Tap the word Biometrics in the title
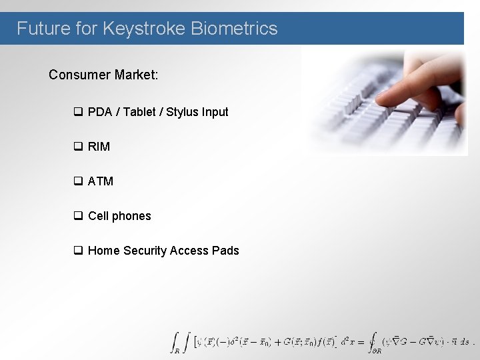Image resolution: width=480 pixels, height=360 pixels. coord(234,29)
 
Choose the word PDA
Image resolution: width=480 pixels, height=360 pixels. coord(100,112)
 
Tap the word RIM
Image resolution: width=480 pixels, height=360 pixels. coord(99,147)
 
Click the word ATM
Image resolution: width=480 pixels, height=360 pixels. coord(101,181)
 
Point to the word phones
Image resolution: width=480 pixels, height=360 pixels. coord(131,216)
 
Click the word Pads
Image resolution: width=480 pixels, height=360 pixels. coord(225,251)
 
